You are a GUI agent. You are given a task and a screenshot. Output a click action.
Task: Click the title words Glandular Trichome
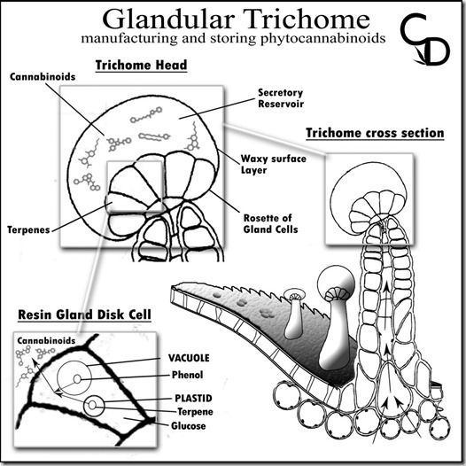[236, 19]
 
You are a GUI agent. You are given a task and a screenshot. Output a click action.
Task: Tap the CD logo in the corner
[424, 39]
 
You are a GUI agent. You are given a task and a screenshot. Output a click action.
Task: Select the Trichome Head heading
[141, 65]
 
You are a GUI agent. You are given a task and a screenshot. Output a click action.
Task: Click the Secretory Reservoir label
[281, 98]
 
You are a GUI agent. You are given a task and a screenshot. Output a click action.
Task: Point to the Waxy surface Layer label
[273, 164]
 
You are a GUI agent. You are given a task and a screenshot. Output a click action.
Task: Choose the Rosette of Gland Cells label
[270, 223]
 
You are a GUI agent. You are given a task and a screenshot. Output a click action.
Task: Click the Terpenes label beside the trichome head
[28, 230]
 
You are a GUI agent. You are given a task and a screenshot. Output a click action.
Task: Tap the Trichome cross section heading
[375, 133]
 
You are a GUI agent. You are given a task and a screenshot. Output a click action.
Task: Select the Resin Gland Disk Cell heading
[85, 315]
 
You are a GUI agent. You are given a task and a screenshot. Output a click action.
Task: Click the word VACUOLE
[189, 358]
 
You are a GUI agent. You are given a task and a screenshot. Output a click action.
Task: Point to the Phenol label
[187, 375]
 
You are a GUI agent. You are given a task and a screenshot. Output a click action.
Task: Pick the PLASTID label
[193, 399]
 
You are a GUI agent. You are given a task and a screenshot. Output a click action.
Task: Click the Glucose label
[189, 426]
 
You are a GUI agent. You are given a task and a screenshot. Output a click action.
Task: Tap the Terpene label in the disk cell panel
[195, 412]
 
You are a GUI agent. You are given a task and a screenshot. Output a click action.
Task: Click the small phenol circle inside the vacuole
[77, 379]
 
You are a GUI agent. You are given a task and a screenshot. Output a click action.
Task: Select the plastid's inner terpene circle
[92, 405]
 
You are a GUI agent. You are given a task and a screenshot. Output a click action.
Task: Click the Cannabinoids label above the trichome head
[43, 77]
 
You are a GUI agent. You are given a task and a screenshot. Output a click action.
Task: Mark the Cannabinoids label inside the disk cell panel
[46, 340]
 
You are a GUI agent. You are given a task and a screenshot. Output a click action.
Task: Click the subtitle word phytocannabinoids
[323, 39]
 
